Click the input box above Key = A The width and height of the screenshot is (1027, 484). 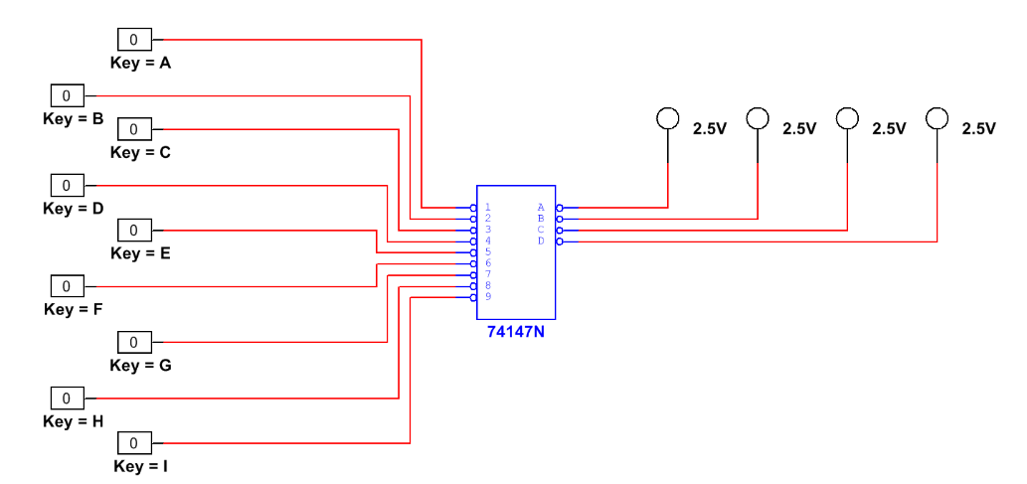134,40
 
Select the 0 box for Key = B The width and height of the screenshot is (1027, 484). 67,95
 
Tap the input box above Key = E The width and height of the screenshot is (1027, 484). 134,231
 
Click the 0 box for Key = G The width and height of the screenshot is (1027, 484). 134,343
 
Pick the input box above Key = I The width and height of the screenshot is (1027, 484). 134,442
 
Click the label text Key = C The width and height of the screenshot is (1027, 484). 140,152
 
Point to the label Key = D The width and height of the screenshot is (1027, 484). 73,209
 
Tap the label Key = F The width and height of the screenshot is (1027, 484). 73,309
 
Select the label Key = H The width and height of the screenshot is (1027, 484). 73,421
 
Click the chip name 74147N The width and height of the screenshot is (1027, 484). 515,332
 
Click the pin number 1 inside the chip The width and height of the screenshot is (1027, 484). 488,208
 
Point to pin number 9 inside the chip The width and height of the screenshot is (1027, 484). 488,296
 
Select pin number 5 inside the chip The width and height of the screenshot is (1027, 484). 488,251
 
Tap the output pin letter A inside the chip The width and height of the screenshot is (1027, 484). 541,208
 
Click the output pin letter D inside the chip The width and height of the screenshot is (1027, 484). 541,241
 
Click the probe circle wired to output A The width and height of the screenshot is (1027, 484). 668,119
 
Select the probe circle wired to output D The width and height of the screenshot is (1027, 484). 937,118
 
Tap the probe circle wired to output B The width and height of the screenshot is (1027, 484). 758,119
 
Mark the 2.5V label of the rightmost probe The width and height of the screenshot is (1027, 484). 978,128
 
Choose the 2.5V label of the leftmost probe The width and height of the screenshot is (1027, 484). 710,128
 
